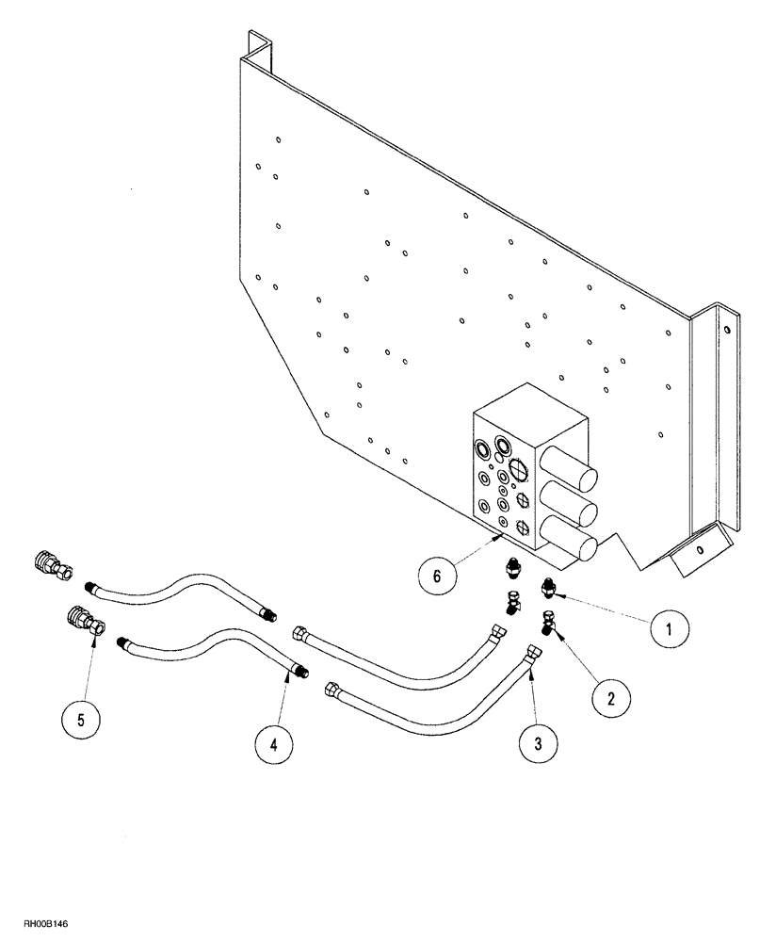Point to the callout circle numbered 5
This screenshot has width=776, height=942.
(x=80, y=720)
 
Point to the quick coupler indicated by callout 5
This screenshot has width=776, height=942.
(x=86, y=622)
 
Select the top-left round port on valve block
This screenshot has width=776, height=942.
(x=483, y=446)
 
